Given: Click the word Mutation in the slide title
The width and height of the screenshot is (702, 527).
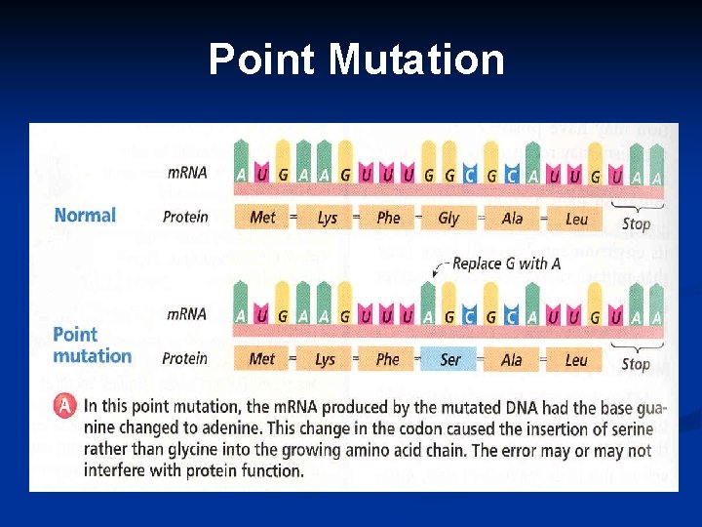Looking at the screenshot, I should coord(416,60).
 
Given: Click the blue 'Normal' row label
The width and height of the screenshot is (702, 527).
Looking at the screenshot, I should coord(85,215).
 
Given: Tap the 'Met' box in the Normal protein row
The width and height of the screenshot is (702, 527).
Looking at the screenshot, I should coord(262,218).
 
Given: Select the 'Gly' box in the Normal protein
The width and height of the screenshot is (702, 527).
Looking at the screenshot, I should coord(448,218).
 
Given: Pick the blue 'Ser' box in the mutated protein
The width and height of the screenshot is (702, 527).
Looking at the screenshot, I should coord(450,359).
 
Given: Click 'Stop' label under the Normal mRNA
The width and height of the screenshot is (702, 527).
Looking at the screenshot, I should coord(636,223).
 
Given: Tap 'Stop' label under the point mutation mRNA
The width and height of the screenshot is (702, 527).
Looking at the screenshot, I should coord(636,364).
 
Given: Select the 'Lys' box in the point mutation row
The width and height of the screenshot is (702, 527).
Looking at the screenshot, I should coord(325,359).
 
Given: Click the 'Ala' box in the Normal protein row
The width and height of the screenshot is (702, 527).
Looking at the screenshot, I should coord(513,218).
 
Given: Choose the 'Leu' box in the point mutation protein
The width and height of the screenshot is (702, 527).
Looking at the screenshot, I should coord(576,359).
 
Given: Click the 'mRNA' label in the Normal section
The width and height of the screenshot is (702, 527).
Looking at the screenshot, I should coord(186,173).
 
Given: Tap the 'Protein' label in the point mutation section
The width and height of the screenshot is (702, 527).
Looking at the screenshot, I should coord(185,358).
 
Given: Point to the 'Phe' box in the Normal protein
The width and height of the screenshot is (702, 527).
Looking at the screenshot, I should coord(388,218).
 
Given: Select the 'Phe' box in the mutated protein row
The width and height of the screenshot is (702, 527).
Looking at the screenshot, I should coord(388,359).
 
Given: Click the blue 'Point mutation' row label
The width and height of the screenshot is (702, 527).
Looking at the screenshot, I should coord(91,345).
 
